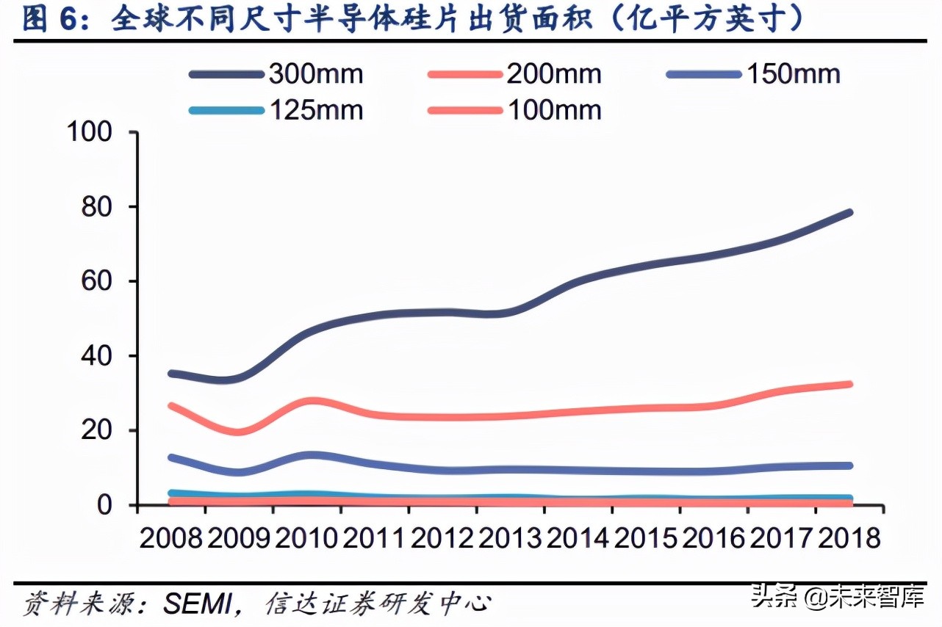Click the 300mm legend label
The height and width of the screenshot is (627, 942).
tap(316, 74)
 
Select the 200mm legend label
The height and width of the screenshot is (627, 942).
tap(553, 74)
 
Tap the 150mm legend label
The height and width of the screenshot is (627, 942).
tap(793, 74)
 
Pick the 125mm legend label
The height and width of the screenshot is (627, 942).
tap(316, 110)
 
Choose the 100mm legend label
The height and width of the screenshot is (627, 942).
tap(553, 110)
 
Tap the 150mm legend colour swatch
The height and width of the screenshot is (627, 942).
tap(702, 74)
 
